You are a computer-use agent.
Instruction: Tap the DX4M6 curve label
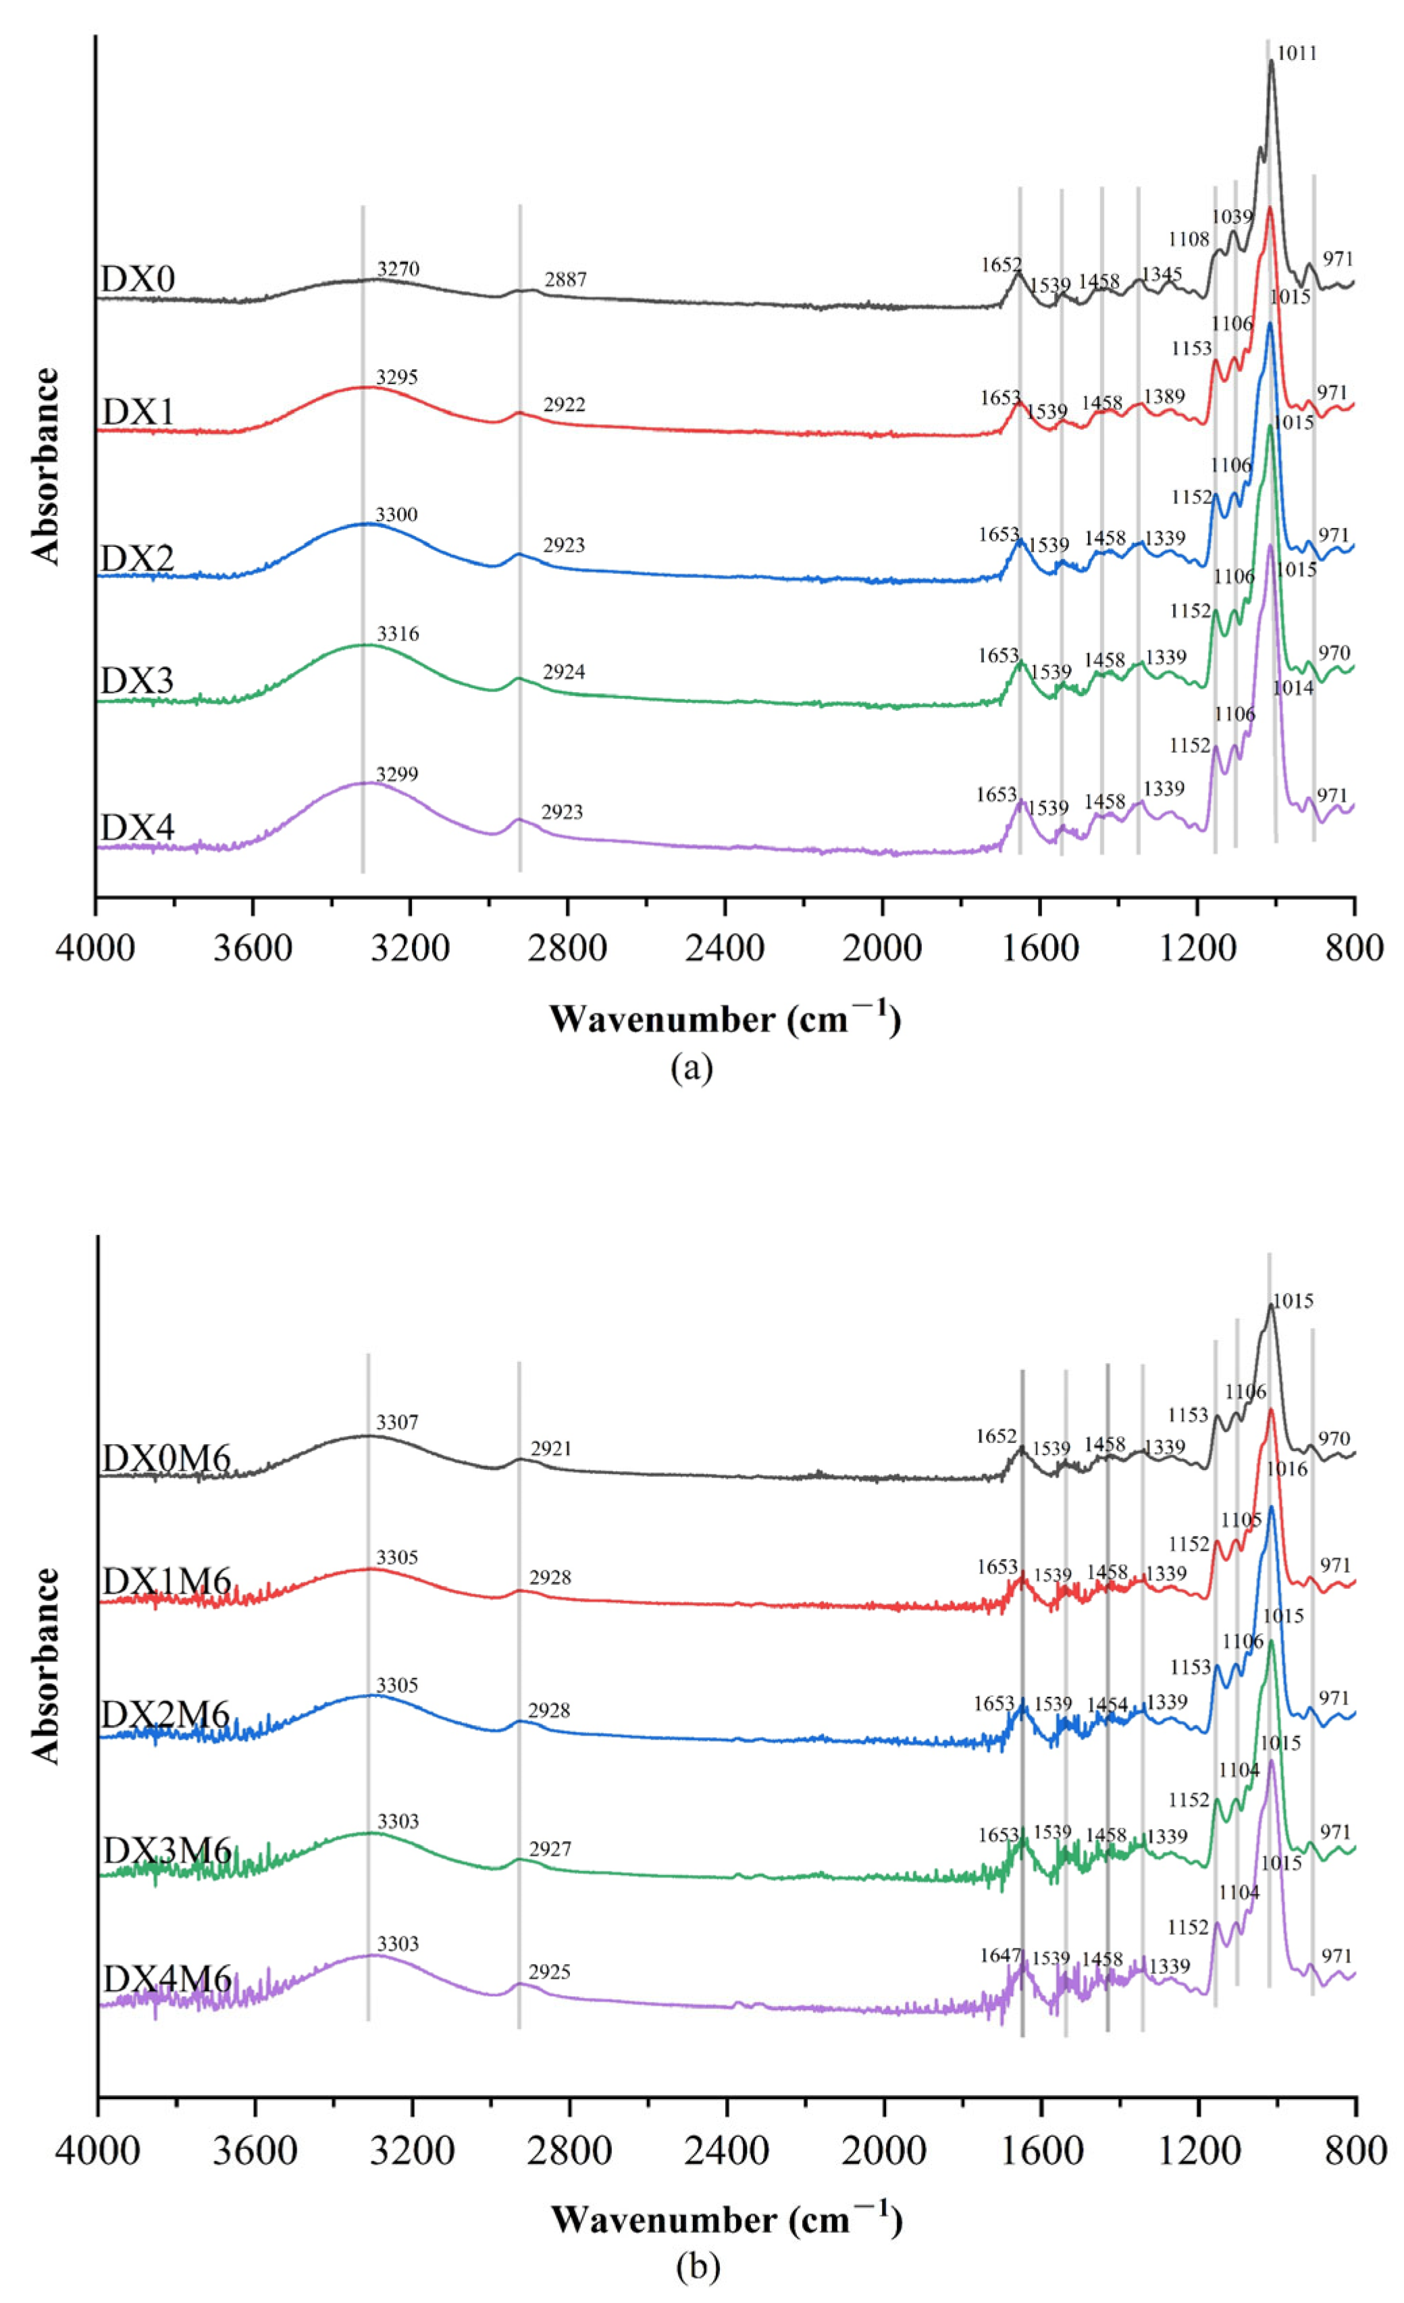coord(166,1979)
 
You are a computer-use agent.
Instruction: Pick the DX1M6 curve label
coord(166,1581)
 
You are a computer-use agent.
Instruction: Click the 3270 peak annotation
coord(398,270)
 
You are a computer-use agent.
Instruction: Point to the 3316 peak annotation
coord(398,635)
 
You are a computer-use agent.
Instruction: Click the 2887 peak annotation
coord(565,280)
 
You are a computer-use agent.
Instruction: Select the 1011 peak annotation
coord(1297,53)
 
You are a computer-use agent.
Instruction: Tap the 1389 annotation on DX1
coord(1164,396)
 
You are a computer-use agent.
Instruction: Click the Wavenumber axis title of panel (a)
coord(725,1019)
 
